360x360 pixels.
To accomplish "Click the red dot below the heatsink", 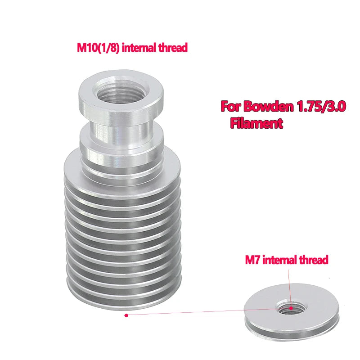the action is point(126,315).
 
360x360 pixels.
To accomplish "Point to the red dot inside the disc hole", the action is point(291,308).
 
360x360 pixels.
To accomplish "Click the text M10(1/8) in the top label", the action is point(98,48).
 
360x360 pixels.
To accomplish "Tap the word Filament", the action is point(256,123).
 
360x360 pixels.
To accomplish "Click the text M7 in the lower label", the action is point(253,260).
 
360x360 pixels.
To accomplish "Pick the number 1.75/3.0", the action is point(321,106).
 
